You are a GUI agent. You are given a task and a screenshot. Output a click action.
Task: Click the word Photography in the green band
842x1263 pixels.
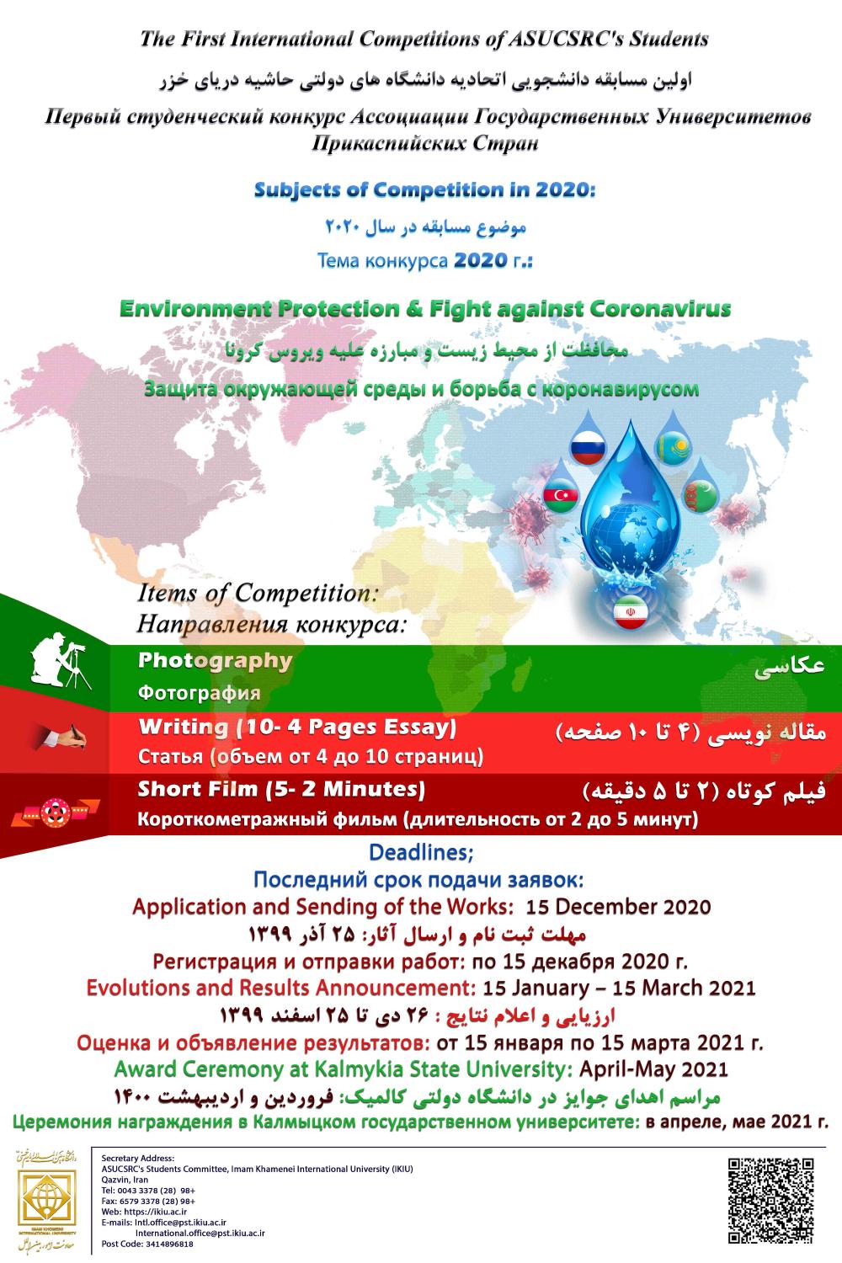pyautogui.click(x=215, y=661)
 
